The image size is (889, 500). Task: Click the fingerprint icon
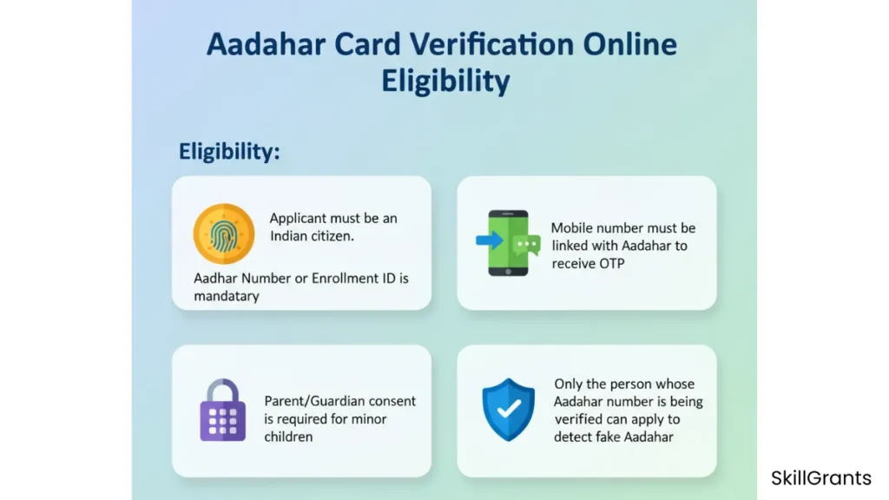point(223,234)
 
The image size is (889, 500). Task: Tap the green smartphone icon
point(509,243)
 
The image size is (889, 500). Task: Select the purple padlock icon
point(223,410)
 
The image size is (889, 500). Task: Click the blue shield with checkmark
point(509,410)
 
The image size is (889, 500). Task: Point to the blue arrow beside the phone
point(490,240)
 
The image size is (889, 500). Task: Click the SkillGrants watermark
point(821,478)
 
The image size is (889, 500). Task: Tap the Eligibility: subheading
point(229,152)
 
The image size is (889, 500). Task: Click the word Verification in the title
point(492,44)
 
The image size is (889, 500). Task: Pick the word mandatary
point(227,296)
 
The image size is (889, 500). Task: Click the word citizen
point(331,236)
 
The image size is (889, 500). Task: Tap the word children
point(288,437)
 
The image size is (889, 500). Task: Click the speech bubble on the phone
point(526,246)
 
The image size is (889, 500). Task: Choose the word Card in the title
point(367,44)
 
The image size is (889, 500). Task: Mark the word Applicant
point(298,219)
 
